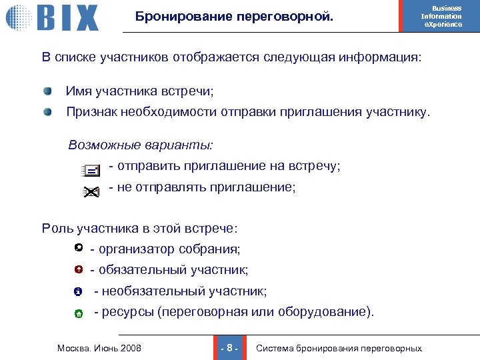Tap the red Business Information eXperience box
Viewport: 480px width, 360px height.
441,17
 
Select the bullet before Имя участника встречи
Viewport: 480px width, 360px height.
48,91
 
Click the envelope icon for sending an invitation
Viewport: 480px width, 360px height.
90,171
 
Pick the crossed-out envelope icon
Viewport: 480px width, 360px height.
90,192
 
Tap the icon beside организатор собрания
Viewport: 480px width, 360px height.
79,249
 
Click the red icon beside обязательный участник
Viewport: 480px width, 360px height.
79,270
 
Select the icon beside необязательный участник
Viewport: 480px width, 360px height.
78,292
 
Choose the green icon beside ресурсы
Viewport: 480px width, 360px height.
78,313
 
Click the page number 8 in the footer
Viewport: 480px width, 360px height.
229,348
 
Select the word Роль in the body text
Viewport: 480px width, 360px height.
57,229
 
